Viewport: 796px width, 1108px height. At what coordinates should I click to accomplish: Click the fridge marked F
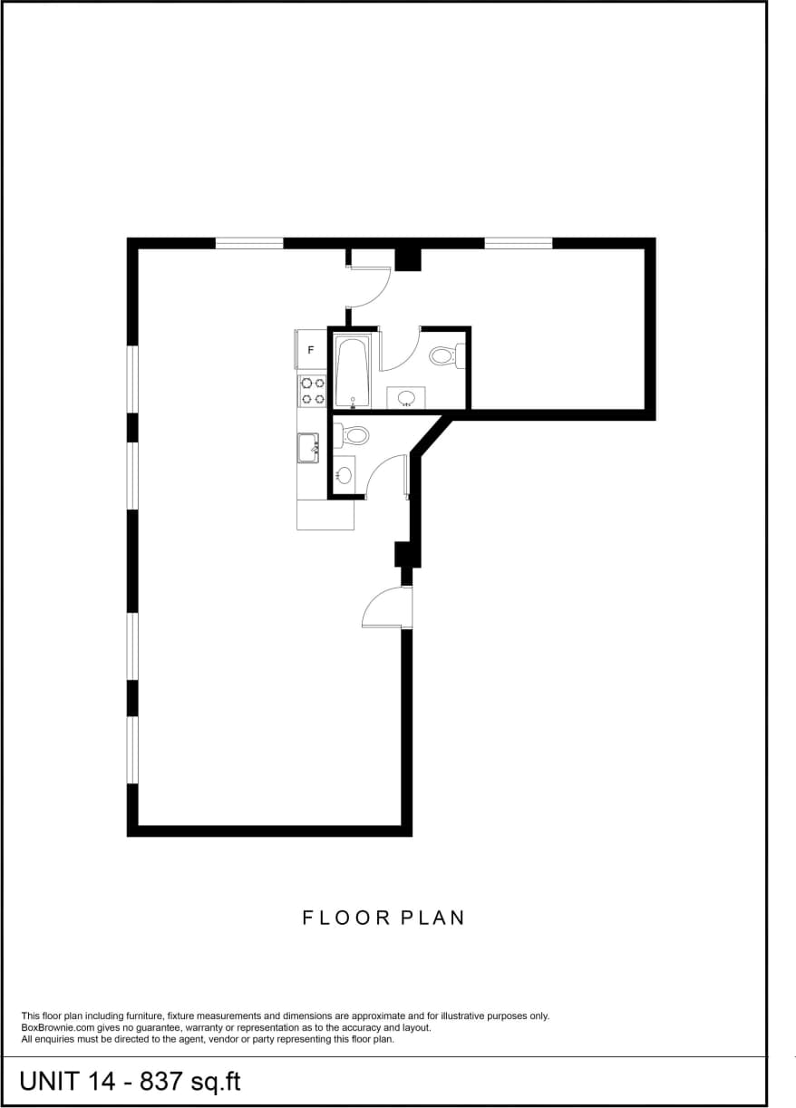[x=311, y=350]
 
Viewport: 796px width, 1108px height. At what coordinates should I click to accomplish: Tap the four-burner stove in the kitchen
[x=313, y=391]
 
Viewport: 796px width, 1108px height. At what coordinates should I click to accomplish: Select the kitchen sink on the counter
[x=308, y=448]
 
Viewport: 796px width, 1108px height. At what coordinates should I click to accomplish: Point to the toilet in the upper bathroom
[x=444, y=355]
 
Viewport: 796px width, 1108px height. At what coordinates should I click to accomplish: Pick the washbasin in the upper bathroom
[x=404, y=397]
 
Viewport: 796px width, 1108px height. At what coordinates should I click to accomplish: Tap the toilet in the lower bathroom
[x=354, y=435]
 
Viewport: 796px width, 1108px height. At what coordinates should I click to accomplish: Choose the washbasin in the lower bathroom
[x=344, y=474]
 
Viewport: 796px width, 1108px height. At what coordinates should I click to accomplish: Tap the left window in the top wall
[x=249, y=243]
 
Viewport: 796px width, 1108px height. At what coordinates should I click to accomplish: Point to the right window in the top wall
[x=519, y=243]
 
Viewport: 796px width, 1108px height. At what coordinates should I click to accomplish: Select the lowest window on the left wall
[x=132, y=749]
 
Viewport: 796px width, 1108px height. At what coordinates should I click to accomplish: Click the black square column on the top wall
[x=409, y=259]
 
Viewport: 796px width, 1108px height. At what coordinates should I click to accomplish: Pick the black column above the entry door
[x=403, y=554]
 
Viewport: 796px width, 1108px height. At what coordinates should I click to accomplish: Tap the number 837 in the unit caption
[x=162, y=1081]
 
